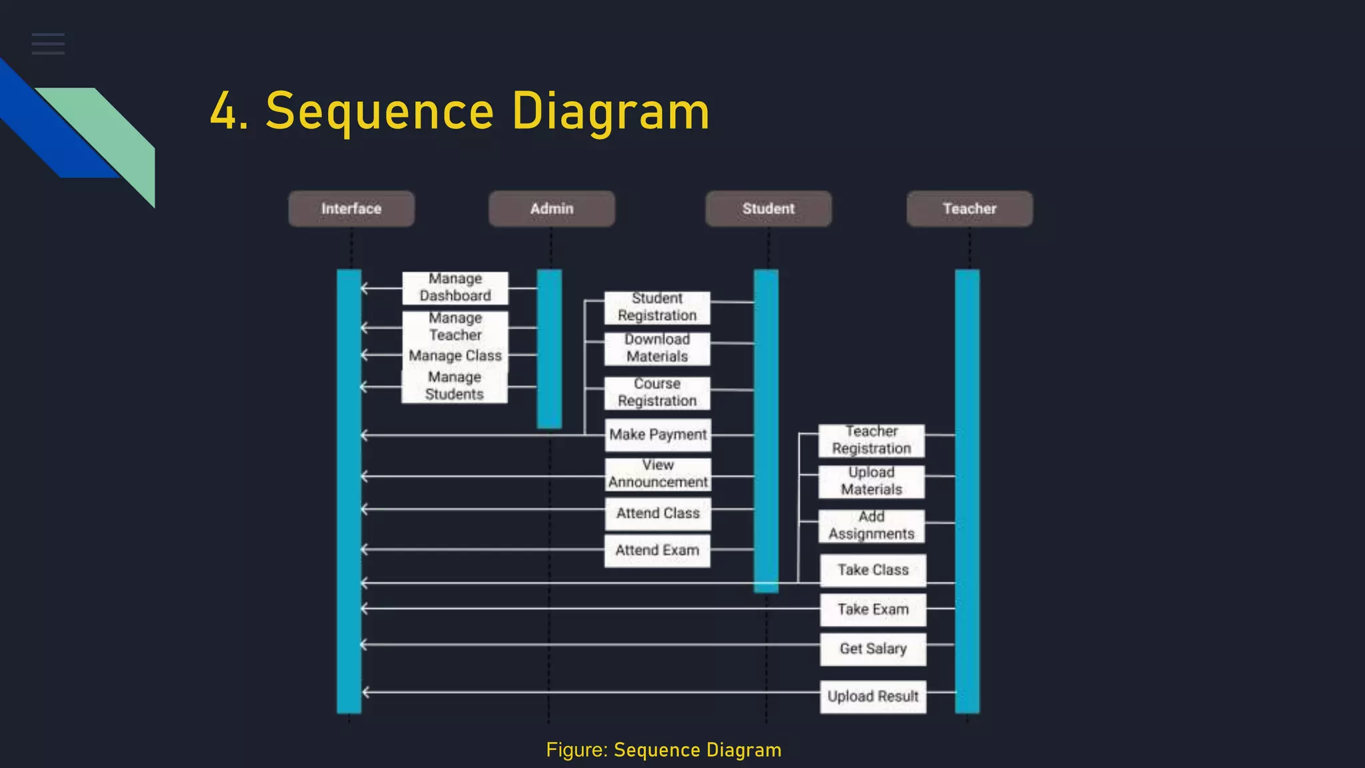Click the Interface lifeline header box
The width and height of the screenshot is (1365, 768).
point(351,209)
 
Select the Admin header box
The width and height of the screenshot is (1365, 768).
point(551,209)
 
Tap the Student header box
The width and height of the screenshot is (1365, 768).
point(768,209)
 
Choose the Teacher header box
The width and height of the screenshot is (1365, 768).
point(969,209)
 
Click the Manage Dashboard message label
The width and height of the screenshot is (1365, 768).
point(455,287)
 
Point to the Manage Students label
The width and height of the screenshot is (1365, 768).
point(454,386)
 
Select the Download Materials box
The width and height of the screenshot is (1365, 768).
point(657,348)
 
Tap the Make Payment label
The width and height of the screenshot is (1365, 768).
point(657,435)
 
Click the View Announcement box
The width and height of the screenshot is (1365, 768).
point(657,474)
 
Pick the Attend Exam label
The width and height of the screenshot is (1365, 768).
point(657,551)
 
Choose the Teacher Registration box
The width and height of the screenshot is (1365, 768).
point(871,440)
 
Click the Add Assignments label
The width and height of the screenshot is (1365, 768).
point(871,526)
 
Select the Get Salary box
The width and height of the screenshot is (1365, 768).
point(872,649)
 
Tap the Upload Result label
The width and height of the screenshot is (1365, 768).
point(872,697)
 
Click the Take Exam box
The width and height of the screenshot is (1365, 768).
point(872,609)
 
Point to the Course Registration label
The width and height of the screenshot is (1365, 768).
point(657,393)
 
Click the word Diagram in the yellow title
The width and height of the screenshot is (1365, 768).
point(610,111)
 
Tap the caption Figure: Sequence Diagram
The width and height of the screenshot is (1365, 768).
point(663,750)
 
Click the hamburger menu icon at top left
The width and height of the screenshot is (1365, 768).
point(48,44)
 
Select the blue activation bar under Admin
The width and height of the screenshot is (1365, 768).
point(549,348)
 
